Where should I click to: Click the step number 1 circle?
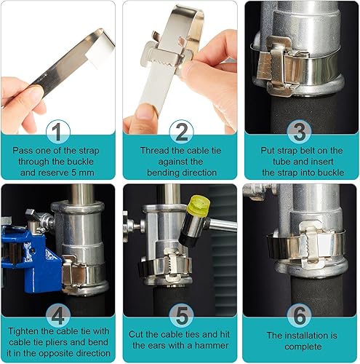[x=58, y=132]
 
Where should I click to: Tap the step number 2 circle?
[x=181, y=132]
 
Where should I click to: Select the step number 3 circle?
[x=300, y=132]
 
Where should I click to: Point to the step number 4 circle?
[x=58, y=315]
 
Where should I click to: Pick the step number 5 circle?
[x=181, y=315]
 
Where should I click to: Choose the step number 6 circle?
[x=300, y=315]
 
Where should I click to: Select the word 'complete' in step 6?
[x=303, y=347]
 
